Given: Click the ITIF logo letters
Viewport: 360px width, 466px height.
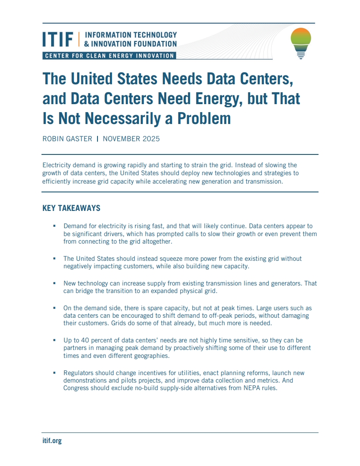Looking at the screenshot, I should [58, 39].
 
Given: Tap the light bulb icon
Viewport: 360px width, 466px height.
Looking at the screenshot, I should [301, 43].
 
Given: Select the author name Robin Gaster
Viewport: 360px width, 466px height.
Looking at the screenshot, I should [67, 139].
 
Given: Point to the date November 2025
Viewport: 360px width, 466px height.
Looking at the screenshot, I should [131, 139].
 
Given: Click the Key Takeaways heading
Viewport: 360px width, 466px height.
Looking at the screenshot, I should [71, 208].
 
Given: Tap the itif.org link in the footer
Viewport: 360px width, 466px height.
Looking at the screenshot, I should [52, 440].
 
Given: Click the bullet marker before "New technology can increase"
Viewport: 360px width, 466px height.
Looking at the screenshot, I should [54, 283].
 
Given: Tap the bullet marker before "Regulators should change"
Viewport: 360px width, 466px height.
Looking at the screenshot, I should [54, 373].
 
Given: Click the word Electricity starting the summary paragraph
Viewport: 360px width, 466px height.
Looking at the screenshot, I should [58, 165].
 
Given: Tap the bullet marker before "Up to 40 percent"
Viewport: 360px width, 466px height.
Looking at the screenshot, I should [54, 341].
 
